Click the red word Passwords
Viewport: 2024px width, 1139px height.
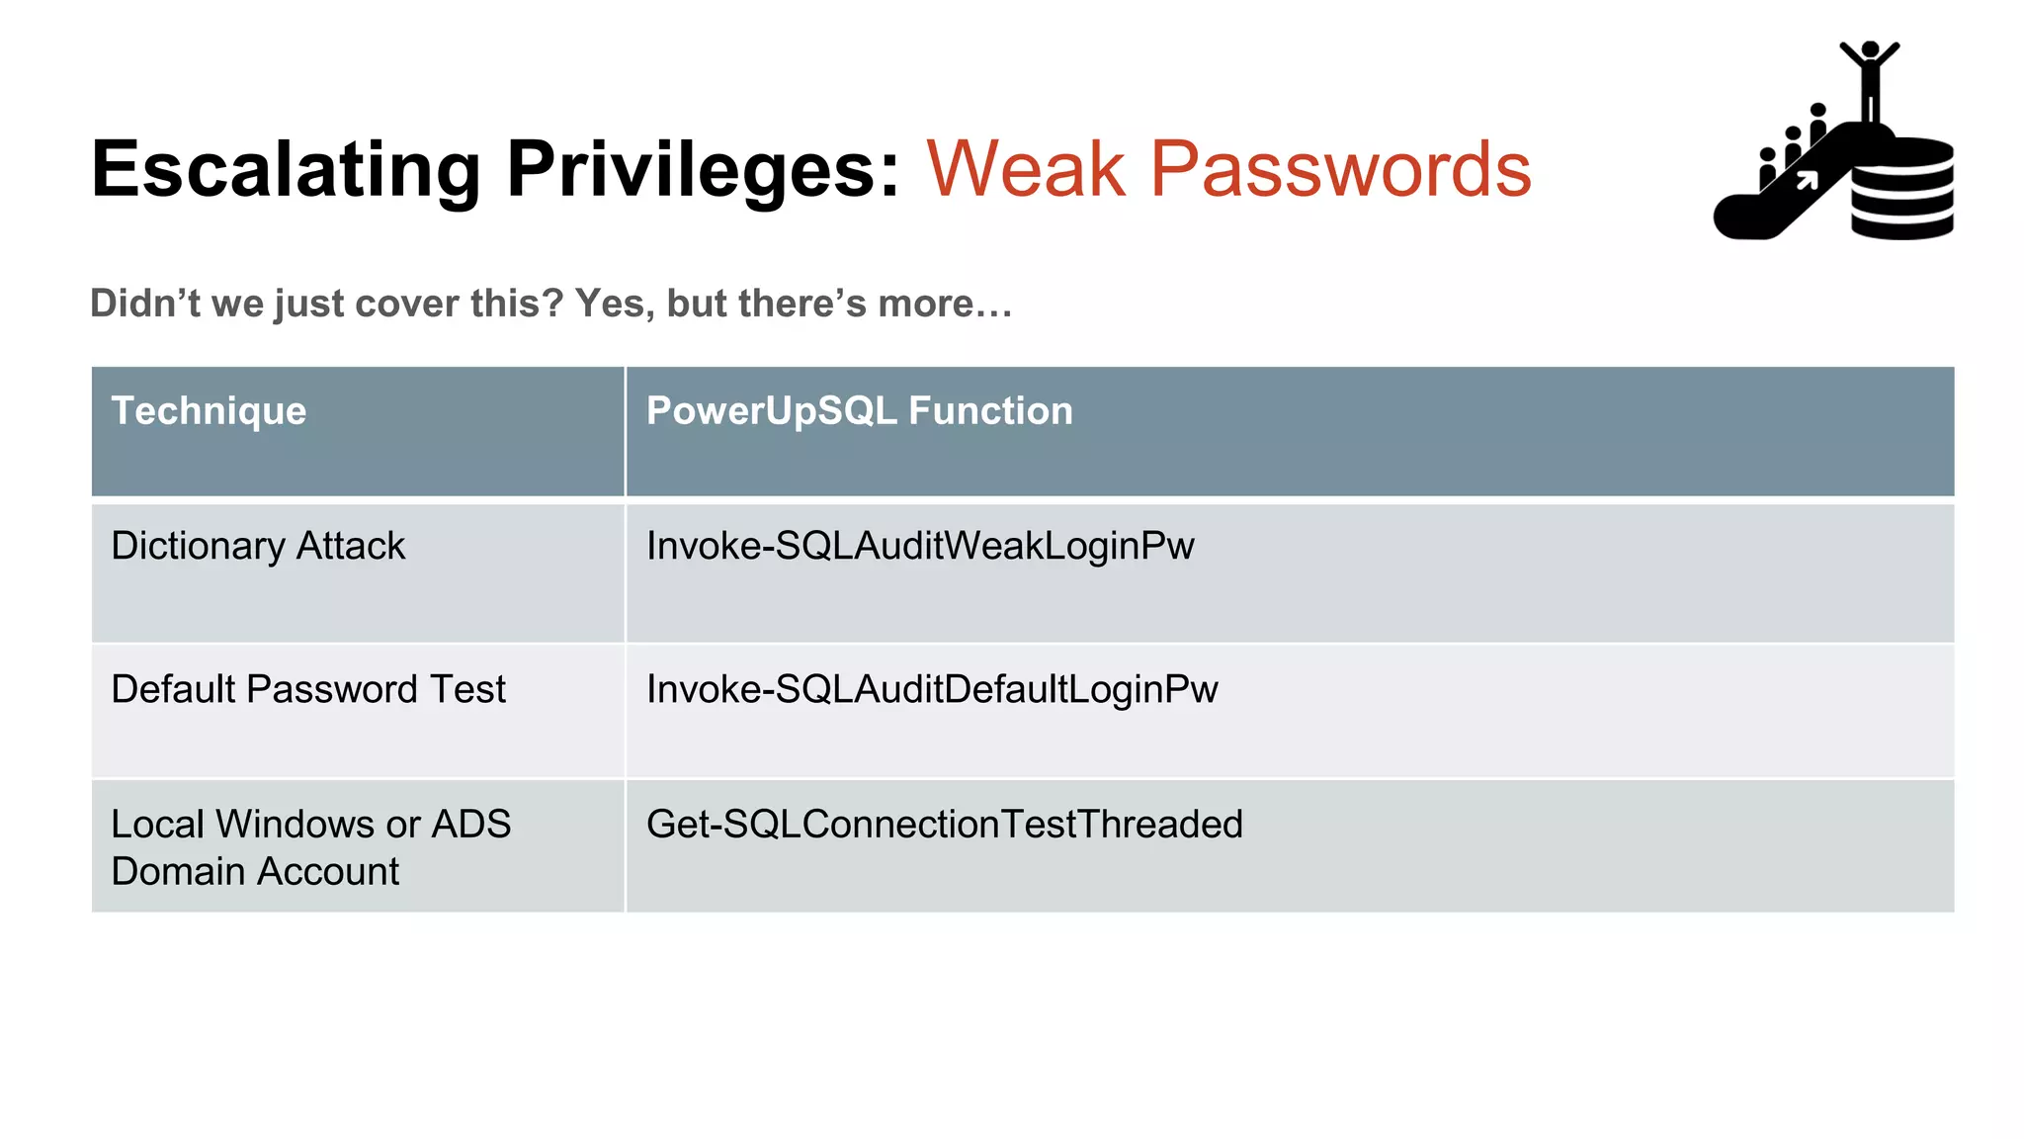point(1340,170)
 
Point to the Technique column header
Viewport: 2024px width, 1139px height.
point(209,410)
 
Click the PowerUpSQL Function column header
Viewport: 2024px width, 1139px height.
point(859,410)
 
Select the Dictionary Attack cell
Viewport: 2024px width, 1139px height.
point(258,546)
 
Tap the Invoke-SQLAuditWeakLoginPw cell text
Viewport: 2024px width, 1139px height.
point(920,546)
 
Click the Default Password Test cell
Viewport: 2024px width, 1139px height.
point(308,689)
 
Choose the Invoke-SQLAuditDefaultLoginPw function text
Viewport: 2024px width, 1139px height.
point(932,689)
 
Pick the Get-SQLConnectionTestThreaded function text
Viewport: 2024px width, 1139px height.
point(944,825)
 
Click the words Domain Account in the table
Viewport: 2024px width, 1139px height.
point(255,872)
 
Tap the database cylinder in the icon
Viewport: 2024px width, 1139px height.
point(1901,190)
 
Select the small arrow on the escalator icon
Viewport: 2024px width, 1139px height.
point(1807,181)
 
